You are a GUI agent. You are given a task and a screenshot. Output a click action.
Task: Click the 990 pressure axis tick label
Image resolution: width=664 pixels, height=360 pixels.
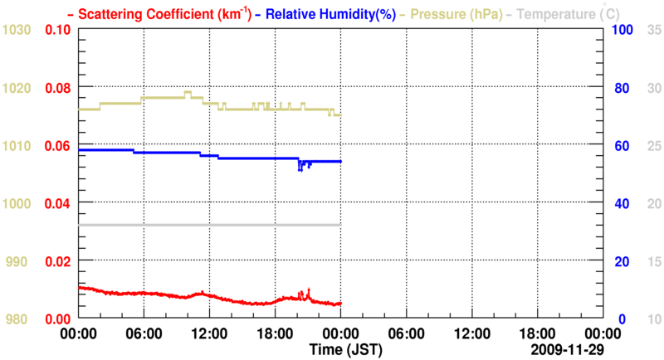tap(19, 261)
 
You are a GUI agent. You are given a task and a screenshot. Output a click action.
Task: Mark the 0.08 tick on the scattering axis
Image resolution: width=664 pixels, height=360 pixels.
tap(58, 87)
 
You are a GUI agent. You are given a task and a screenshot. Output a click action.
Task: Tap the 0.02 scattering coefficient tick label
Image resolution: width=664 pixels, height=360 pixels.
tap(58, 261)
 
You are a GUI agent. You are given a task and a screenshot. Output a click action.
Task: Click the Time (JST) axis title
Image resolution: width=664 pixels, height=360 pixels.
tap(346, 351)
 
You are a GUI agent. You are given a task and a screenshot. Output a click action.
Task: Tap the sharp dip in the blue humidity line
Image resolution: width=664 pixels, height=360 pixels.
tap(300, 168)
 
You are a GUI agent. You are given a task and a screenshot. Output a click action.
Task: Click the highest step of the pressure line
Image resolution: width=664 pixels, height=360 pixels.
tap(188, 92)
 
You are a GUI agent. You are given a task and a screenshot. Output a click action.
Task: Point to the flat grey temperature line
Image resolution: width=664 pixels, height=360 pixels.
tap(207, 225)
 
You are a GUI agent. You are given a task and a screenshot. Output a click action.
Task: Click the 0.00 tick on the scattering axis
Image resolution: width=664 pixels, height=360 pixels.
tap(58, 319)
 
